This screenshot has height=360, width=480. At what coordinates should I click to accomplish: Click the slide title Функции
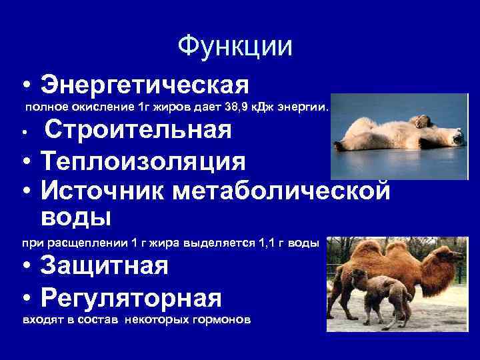pos(235,46)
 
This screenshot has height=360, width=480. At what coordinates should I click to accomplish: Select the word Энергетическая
pos(145,85)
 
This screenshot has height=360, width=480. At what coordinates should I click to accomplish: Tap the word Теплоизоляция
pos(143,161)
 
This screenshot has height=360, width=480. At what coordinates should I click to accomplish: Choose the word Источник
pos(103,190)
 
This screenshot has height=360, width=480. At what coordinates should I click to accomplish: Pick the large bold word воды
pos(75,217)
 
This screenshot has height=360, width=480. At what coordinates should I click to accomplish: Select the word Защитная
pos(104,266)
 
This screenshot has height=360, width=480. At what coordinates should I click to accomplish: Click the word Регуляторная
pos(131,296)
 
